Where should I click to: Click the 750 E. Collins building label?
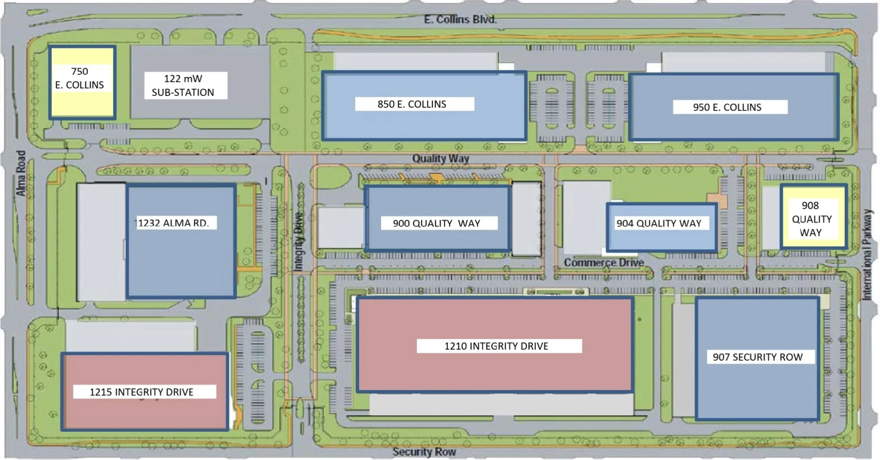[x=80, y=78]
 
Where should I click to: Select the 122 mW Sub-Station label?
[x=183, y=85]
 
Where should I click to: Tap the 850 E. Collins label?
[x=412, y=104]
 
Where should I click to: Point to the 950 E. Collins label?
[x=727, y=107]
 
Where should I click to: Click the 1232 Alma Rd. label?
[x=173, y=223]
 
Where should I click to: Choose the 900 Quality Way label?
[x=436, y=224]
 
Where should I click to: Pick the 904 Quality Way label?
[x=659, y=224]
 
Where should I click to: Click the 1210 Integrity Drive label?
[x=496, y=346]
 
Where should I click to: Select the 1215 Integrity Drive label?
[x=142, y=392]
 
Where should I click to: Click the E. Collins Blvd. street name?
[x=460, y=20]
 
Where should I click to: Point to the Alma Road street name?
[x=21, y=173]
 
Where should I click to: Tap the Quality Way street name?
[x=440, y=158]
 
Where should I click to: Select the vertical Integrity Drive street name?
[x=299, y=241]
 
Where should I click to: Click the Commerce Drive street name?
[x=604, y=263]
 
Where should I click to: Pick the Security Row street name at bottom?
[x=424, y=452]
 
